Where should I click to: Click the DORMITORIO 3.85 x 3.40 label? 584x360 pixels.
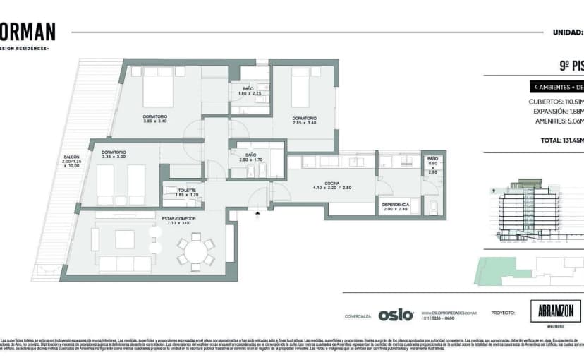coord(154,119)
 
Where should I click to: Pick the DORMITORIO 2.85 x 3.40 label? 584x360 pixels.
coord(304,120)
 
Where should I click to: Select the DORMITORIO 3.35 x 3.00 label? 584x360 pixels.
coord(114,154)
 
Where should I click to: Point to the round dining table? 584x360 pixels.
coord(196,250)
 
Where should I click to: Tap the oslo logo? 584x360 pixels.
coord(396,315)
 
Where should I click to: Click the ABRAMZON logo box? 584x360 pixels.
coord(555,311)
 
